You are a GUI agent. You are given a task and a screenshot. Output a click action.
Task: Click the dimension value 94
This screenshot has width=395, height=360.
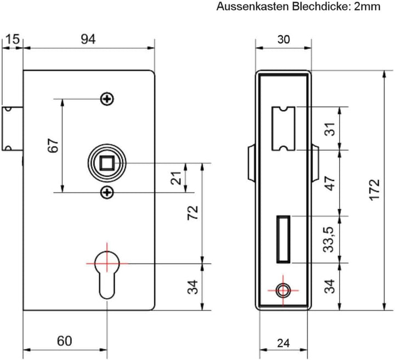click(88, 39)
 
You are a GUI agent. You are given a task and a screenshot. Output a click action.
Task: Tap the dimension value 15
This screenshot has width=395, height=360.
click(12, 39)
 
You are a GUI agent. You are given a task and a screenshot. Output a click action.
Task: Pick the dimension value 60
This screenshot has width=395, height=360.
click(64, 341)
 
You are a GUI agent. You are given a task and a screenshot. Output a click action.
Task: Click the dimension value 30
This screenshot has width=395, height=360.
click(284, 39)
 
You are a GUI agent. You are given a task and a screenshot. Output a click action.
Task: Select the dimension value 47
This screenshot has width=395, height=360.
click(330, 183)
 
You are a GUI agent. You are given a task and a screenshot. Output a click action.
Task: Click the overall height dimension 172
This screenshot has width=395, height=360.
click(374, 190)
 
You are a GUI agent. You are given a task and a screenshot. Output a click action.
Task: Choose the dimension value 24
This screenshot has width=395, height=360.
click(283, 344)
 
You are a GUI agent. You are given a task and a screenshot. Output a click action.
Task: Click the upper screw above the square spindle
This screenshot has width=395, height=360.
click(108, 99)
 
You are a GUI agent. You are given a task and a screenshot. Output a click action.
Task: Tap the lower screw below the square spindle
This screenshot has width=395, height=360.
click(108, 192)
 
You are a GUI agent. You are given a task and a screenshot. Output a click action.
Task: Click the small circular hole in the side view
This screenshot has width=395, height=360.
click(284, 290)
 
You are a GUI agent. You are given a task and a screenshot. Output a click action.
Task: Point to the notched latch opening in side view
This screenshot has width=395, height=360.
click(284, 128)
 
